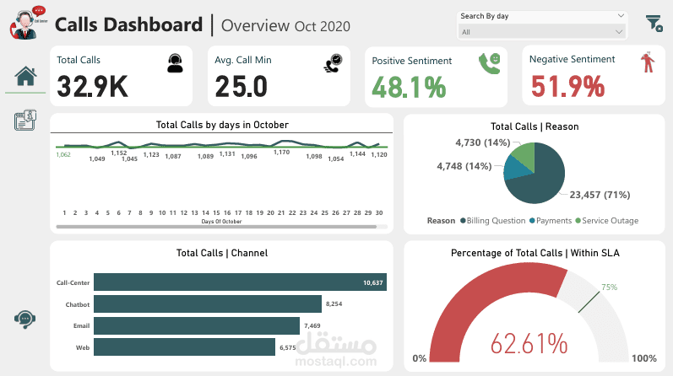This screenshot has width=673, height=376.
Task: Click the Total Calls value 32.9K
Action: pyautogui.click(x=93, y=86)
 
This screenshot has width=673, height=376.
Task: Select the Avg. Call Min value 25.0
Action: pyautogui.click(x=241, y=86)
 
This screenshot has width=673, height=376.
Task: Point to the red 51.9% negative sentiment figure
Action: pyautogui.click(x=567, y=86)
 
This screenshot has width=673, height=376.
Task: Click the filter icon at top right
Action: pyautogui.click(x=654, y=23)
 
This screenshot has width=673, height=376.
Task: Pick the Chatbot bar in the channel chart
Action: pyautogui.click(x=208, y=303)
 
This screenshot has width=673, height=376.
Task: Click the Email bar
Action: pyautogui.click(x=197, y=325)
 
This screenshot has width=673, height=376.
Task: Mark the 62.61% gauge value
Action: pyautogui.click(x=529, y=343)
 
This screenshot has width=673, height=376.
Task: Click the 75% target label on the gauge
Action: pyautogui.click(x=609, y=287)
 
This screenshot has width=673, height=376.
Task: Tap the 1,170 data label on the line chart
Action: pyautogui.click(x=281, y=153)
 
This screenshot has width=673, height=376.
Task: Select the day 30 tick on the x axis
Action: pyautogui.click(x=379, y=213)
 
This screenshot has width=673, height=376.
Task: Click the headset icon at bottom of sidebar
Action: pyautogui.click(x=24, y=318)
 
